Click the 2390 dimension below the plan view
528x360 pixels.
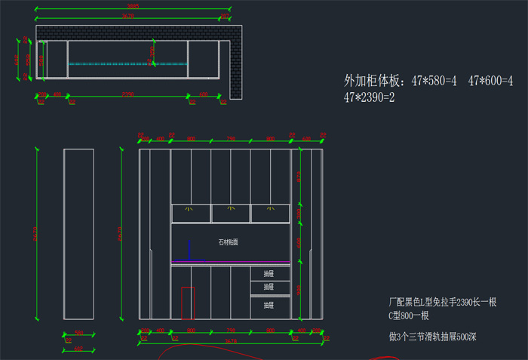127,94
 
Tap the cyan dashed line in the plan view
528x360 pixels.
127,63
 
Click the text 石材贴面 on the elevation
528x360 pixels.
228,242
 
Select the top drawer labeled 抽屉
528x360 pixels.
269,273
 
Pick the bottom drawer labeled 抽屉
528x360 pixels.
269,305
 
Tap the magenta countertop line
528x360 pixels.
230,262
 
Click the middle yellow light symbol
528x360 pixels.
231,208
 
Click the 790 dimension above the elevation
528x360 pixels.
231,139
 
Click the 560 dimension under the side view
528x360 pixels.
78,332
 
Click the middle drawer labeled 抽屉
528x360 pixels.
269,287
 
